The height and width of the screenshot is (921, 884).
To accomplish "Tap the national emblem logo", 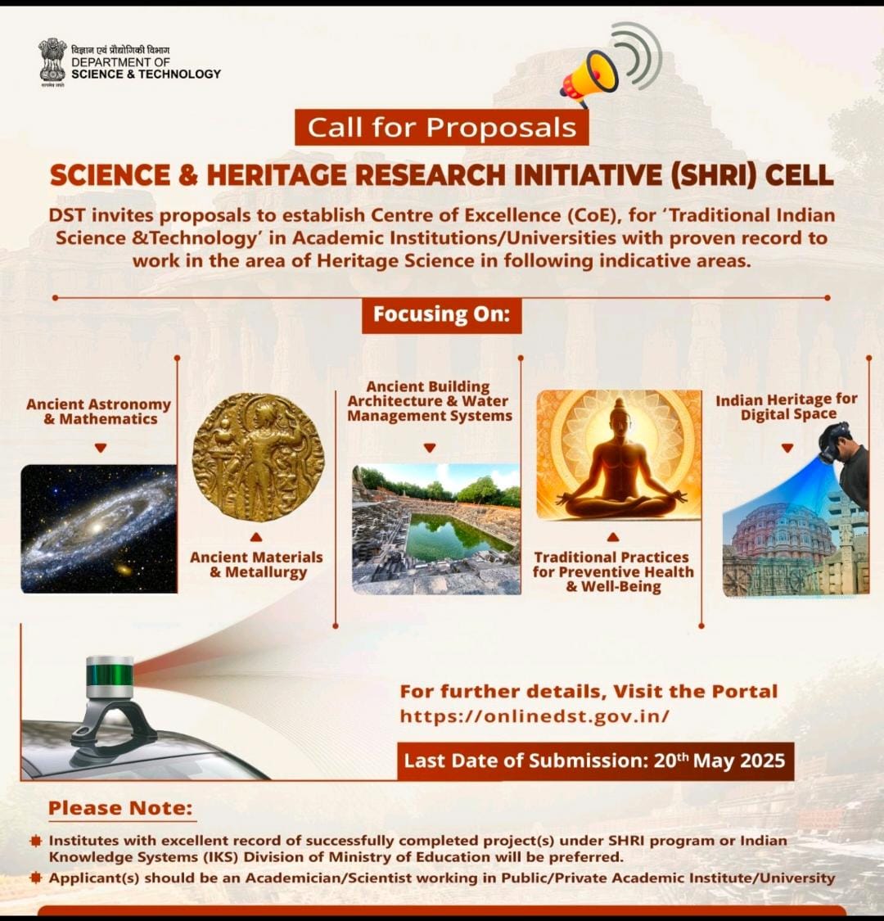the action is (52, 61).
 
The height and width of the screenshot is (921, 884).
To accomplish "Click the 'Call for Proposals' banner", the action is (441, 128).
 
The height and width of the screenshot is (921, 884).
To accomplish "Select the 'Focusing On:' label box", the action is (442, 315).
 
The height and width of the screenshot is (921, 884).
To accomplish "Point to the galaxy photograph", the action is (99, 529).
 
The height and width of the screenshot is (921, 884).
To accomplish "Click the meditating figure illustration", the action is (619, 454).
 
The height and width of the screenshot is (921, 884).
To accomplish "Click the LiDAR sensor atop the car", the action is (110, 677).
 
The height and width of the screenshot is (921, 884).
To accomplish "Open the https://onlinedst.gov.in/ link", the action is (534, 716).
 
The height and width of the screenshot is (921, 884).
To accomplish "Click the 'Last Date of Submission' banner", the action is (595, 761).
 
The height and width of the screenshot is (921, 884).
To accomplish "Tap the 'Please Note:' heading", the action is (120, 808).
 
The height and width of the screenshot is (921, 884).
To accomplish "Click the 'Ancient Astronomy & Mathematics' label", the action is (99, 412).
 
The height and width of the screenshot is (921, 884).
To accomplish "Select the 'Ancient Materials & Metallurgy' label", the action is (257, 564).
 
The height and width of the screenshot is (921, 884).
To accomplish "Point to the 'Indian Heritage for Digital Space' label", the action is (787, 407).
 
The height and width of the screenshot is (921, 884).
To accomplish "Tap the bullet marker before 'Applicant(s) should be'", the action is (36, 878).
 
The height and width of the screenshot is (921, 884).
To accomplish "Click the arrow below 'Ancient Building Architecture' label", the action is (430, 448).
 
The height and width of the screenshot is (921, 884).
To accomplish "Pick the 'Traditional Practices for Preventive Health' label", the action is (613, 564).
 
